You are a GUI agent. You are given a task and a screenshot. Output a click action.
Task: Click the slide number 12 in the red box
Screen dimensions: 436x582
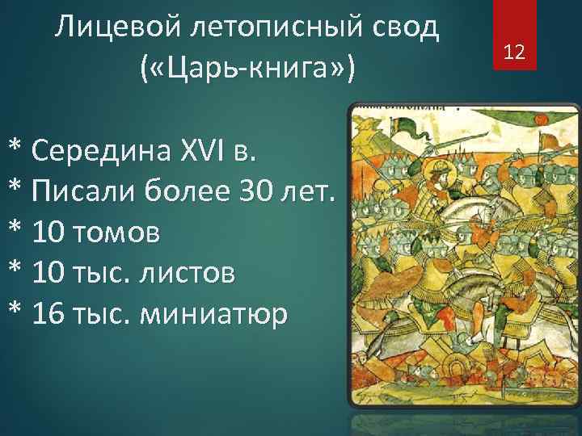pyautogui.click(x=514, y=53)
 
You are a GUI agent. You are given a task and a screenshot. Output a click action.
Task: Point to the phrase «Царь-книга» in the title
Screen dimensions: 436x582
pyautogui.click(x=247, y=69)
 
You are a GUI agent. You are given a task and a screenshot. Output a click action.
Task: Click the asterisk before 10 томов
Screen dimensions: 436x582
pyautogui.click(x=15, y=234)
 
